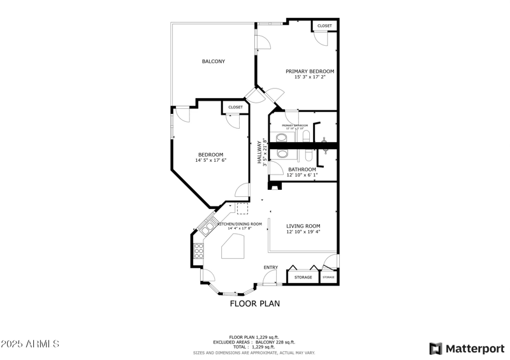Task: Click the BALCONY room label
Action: tap(214, 61)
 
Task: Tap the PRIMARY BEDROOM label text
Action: tap(310, 71)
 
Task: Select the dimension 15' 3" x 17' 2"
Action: tap(310, 77)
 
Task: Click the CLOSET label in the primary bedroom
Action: tap(324, 26)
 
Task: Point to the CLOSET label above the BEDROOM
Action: tap(235, 107)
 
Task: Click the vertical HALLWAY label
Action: tap(260, 152)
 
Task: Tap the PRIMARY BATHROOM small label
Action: tap(295, 126)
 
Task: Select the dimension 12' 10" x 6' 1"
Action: tap(302, 175)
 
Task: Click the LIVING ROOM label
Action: tap(303, 226)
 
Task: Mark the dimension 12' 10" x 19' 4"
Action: tap(303, 232)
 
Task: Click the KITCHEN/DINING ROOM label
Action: tap(240, 224)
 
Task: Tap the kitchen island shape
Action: tap(233, 246)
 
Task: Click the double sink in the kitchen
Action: tap(208, 226)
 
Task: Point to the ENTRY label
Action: tap(270, 267)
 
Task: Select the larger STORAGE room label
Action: tap(303, 277)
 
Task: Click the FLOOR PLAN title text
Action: tap(254, 304)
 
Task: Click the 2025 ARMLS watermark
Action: tap(30, 344)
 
